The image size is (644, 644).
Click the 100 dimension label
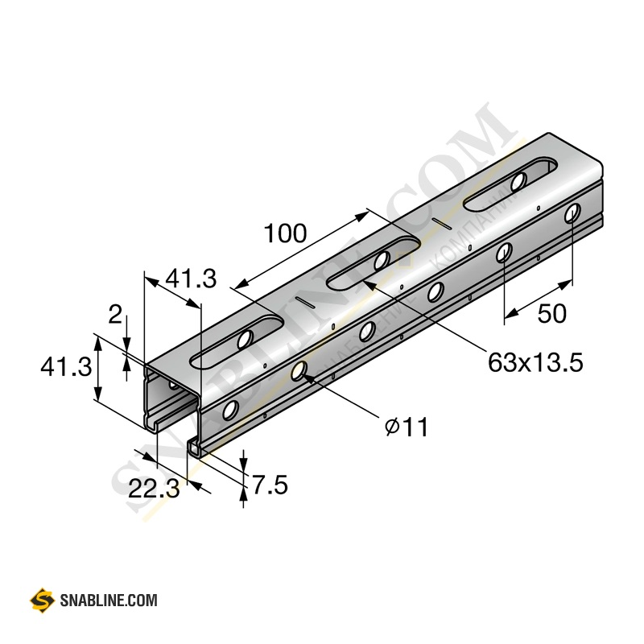click(x=285, y=234)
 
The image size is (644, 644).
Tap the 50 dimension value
click(x=552, y=314)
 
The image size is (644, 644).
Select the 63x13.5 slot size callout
click(x=535, y=363)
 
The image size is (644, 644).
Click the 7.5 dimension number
click(x=270, y=485)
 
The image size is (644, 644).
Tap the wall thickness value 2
click(x=116, y=315)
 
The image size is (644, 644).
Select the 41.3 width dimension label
click(x=191, y=279)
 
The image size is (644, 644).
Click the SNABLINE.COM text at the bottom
click(x=109, y=601)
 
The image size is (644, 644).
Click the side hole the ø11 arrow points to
click(x=299, y=371)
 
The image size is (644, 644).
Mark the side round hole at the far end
click(x=572, y=213)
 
